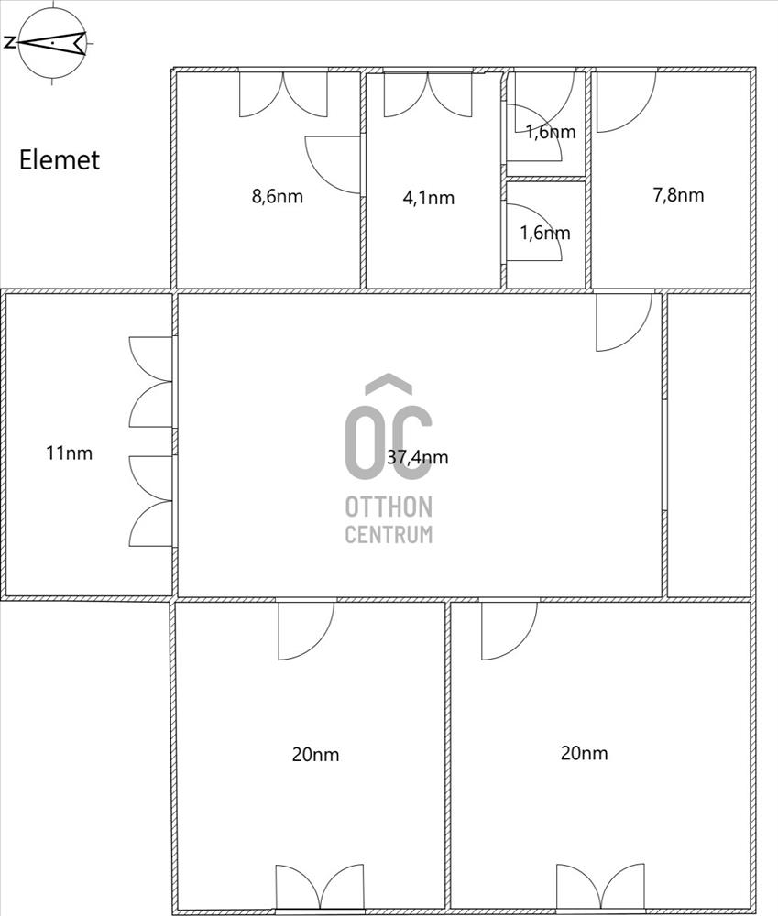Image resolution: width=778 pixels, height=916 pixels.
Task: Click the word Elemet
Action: [59, 160]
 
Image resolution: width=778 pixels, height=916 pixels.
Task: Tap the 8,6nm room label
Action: [277, 196]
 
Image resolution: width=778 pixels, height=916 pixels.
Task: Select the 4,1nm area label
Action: [429, 198]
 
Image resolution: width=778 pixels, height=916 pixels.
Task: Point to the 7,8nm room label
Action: [678, 194]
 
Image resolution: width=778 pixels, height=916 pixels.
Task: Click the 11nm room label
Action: [69, 453]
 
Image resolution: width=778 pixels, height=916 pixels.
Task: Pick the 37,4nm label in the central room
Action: [417, 457]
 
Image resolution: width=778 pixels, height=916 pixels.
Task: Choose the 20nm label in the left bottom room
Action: [315, 754]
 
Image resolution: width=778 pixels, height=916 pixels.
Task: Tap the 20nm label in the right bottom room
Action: [584, 753]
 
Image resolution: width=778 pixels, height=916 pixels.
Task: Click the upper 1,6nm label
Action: [551, 132]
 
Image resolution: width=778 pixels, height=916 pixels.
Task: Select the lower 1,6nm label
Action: [545, 233]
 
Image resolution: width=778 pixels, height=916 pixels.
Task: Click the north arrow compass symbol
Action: [52, 43]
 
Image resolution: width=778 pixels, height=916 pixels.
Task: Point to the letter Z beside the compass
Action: [9, 42]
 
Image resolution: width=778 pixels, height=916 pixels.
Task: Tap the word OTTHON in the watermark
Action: [389, 507]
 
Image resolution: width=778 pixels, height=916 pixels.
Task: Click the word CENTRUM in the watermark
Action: [389, 535]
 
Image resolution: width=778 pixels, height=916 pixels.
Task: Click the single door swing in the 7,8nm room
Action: [626, 103]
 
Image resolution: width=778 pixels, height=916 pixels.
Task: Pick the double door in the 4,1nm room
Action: [428, 94]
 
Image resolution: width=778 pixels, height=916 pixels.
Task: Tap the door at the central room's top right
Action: [624, 322]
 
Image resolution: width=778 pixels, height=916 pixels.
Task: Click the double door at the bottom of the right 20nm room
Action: [600, 888]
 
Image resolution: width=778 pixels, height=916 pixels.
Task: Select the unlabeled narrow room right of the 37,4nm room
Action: [709, 445]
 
